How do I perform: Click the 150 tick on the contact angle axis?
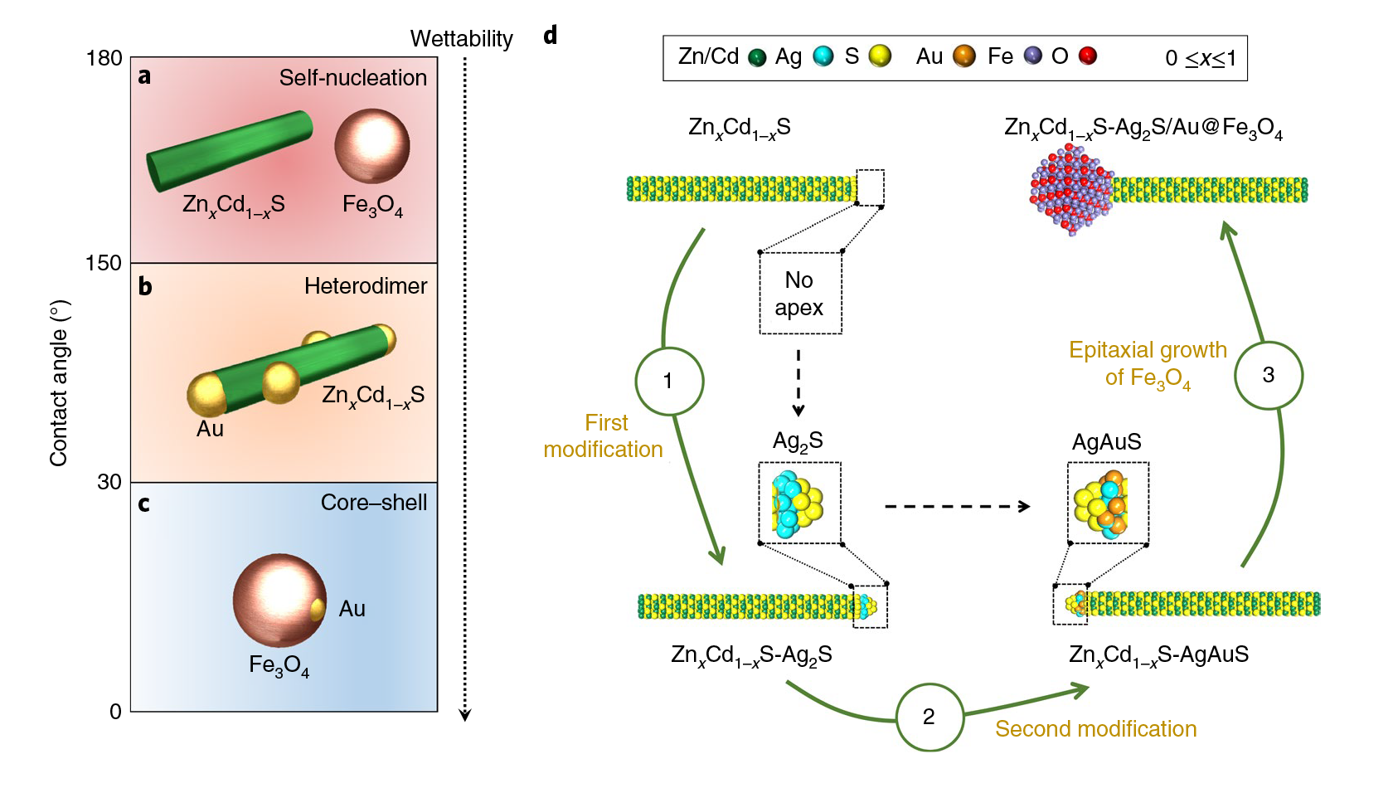coord(104,263)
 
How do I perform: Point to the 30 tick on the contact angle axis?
coord(109,482)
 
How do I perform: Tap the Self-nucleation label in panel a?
coord(352,78)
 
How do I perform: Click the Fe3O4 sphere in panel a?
coord(372,146)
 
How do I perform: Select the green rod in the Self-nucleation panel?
coord(230,151)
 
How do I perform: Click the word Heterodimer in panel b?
coord(365,286)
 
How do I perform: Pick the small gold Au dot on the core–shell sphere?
coord(317,611)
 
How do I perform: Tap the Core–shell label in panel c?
coord(373,503)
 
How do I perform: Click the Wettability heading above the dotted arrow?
coord(461,39)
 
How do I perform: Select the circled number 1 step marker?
coord(669,381)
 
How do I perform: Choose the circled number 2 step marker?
coord(929,717)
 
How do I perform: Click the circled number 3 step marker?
coord(1268,375)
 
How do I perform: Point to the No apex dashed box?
coord(800,294)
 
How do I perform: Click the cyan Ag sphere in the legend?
coord(823,56)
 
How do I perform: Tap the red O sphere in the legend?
coord(1088,56)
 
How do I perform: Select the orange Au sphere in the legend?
coord(963,56)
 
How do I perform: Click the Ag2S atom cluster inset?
coord(798,503)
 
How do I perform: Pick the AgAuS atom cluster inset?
coord(1107,503)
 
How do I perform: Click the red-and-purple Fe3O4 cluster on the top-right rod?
coord(1070,190)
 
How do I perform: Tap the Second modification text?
coord(1095,729)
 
